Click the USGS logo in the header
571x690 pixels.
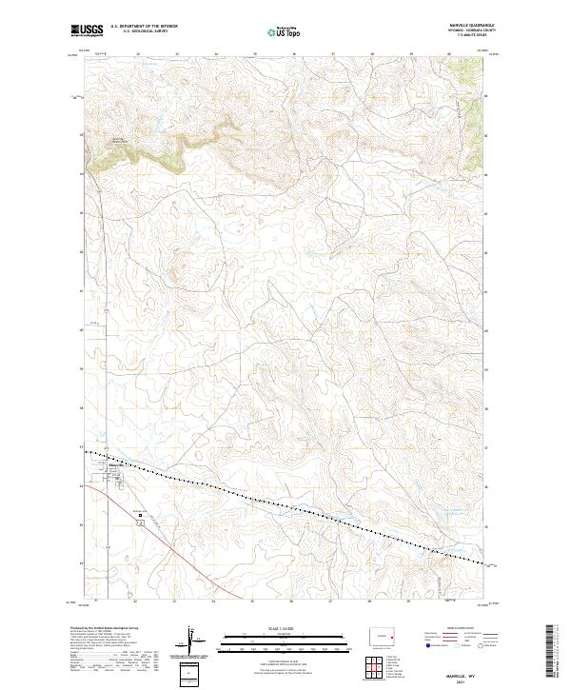89,30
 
